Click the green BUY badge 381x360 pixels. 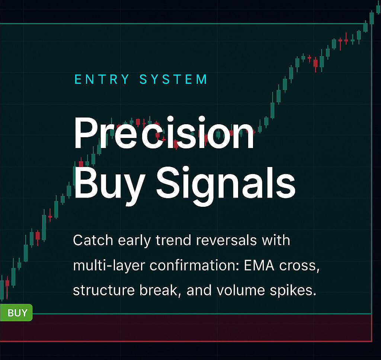[16, 313]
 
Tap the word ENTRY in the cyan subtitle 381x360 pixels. [102, 79]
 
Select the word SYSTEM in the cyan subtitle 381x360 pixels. [173, 79]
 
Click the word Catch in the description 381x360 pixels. [93, 240]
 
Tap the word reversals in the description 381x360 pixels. [226, 240]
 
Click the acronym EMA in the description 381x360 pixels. [259, 265]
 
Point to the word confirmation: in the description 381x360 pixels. [195, 265]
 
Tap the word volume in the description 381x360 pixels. [240, 290]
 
